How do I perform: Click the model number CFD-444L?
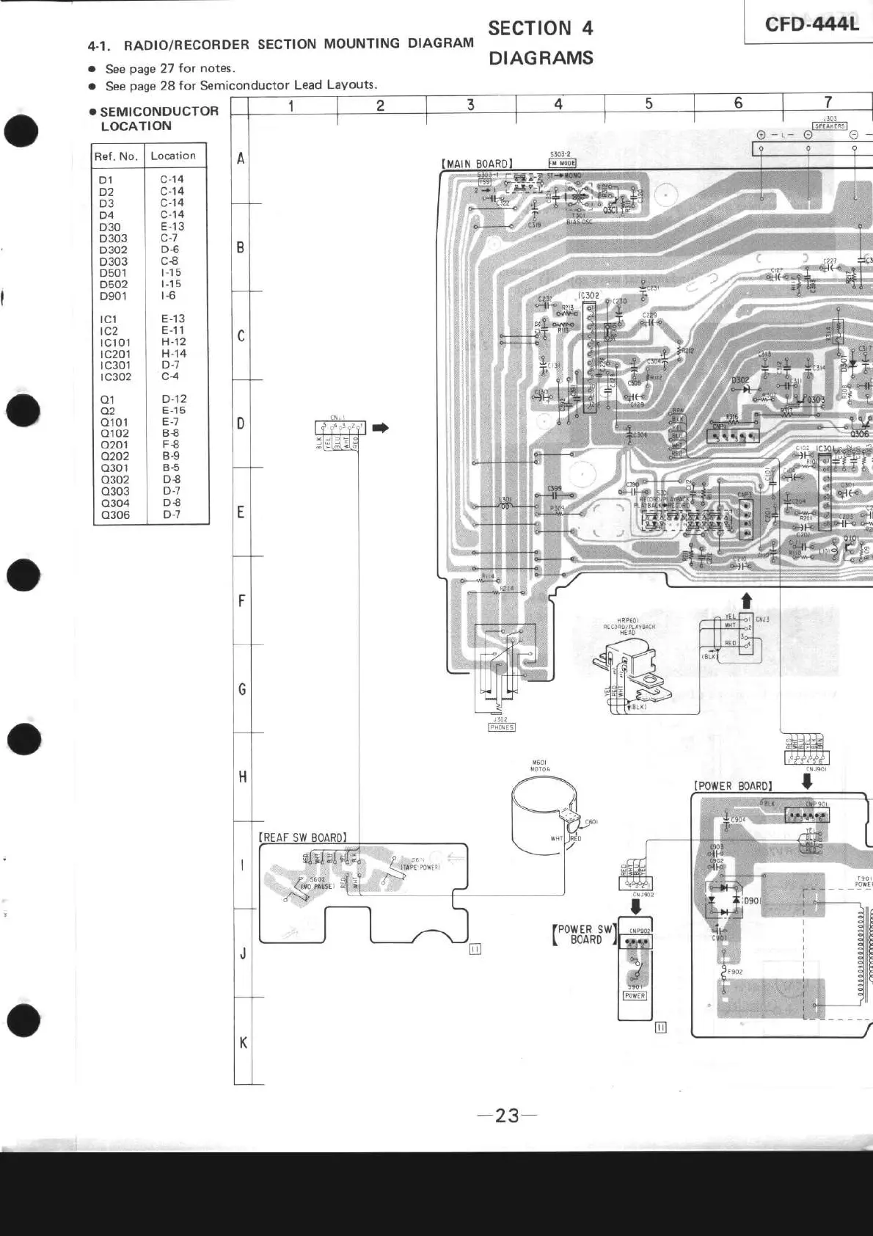pyautogui.click(x=811, y=24)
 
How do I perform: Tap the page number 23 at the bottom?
pyautogui.click(x=507, y=1116)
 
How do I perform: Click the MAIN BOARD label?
pyautogui.click(x=477, y=164)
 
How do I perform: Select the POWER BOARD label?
pyautogui.click(x=733, y=785)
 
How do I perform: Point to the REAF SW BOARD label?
pyautogui.click(x=302, y=837)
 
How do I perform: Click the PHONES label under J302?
pyautogui.click(x=502, y=727)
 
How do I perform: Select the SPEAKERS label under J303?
pyautogui.click(x=830, y=126)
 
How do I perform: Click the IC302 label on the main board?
pyautogui.click(x=589, y=296)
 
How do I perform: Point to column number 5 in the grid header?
pyautogui.click(x=649, y=103)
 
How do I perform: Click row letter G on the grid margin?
pyautogui.click(x=242, y=688)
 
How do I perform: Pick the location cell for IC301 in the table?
pyautogui.click(x=171, y=365)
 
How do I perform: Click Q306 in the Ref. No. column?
pyautogui.click(x=115, y=515)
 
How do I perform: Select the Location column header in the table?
pyautogui.click(x=173, y=156)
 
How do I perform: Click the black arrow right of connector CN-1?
pyautogui.click(x=380, y=427)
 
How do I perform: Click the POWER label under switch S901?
pyautogui.click(x=635, y=996)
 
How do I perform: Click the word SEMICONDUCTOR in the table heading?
pyautogui.click(x=159, y=112)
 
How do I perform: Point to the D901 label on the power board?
pyautogui.click(x=753, y=901)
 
